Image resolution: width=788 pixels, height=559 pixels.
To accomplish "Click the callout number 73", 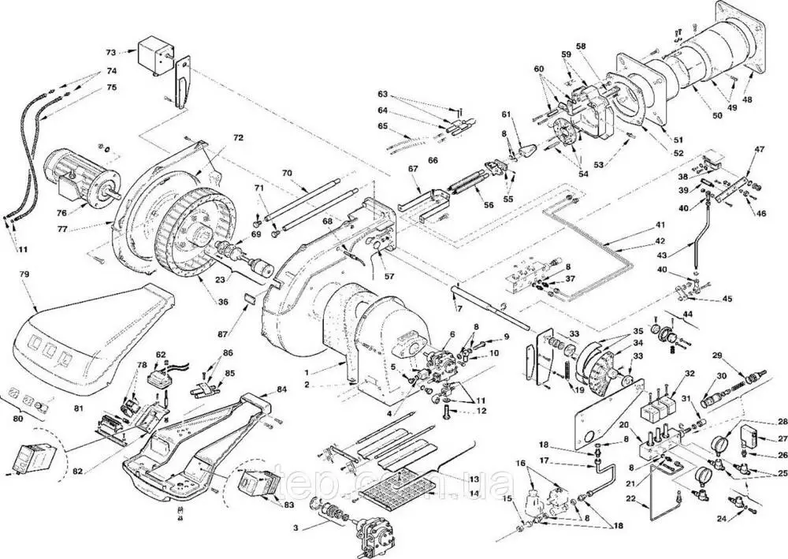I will coord(111,52).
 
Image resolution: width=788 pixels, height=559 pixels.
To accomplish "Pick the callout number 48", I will coord(747,101).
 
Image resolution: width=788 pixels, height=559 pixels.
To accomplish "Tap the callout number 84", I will coord(281,389).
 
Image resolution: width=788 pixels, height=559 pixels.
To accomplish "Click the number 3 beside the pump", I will coord(295,526).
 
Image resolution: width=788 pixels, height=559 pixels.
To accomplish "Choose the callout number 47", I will coord(760,149).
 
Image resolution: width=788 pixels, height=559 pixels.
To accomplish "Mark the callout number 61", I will coord(506,115).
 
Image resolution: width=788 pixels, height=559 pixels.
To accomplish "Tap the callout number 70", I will coord(287,172).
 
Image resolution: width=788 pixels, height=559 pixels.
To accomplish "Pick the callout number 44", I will coord(689,315).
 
